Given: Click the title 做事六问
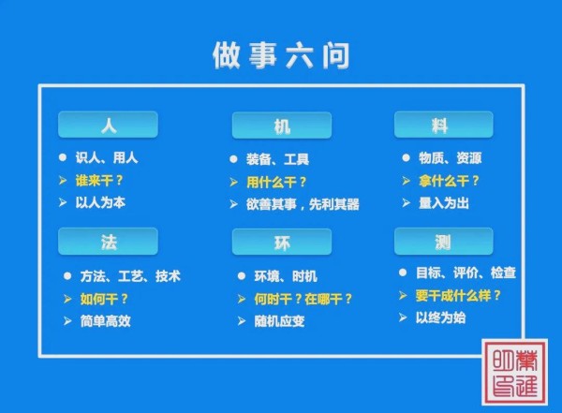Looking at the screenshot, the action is (x=281, y=55).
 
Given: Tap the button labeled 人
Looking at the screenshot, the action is (x=108, y=125).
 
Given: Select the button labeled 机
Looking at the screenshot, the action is (x=282, y=125).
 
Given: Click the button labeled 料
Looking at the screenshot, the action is (x=444, y=125).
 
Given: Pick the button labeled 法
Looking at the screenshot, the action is (x=108, y=242).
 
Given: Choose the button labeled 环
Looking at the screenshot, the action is (x=282, y=242).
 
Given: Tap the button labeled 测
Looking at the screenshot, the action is (x=444, y=242).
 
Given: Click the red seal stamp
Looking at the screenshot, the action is (x=515, y=372).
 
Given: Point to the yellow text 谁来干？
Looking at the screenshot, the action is (x=99, y=180).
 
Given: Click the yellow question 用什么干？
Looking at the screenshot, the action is (x=276, y=182).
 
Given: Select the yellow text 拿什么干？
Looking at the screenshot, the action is (x=449, y=181).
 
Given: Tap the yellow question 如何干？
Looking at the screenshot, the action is (x=104, y=299).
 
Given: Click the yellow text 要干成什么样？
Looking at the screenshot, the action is (x=458, y=296).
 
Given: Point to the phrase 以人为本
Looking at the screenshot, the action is (x=100, y=202).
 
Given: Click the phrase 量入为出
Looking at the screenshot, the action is (x=444, y=203).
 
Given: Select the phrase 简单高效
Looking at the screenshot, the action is (x=105, y=321).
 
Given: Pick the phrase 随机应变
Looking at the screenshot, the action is (x=279, y=321).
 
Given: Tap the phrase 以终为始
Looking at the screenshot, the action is (x=440, y=317).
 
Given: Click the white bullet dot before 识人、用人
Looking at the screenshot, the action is (x=63, y=157).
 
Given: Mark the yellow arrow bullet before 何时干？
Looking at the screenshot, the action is (x=242, y=299).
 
